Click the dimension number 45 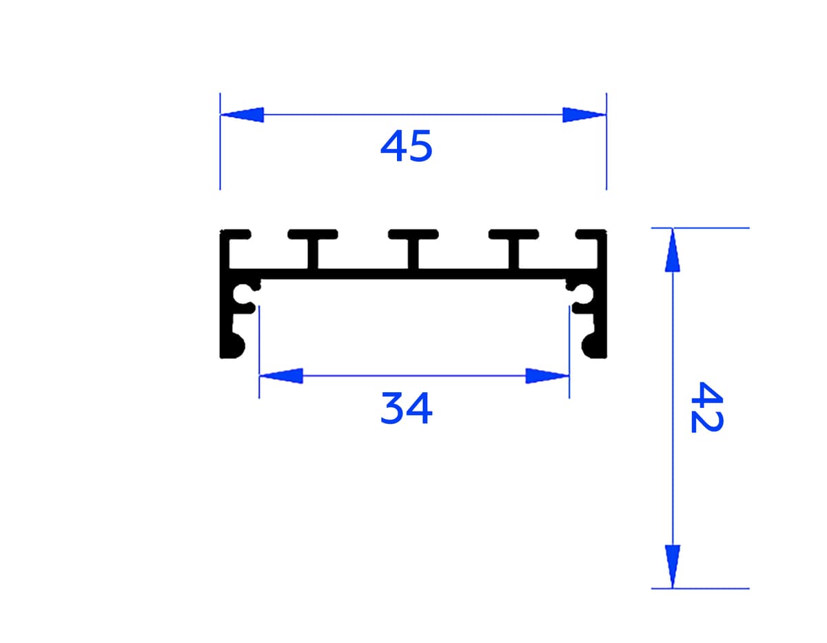(407, 146)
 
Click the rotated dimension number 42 (706, 407)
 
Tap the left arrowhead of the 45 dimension (243, 115)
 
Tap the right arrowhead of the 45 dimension (584, 115)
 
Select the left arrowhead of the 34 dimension (281, 376)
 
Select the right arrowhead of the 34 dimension (547, 376)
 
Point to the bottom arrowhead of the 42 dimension (673, 567)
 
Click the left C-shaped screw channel (245, 295)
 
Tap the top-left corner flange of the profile (233, 234)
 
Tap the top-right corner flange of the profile (593, 234)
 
